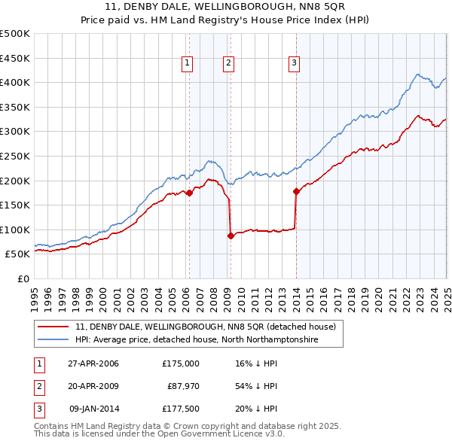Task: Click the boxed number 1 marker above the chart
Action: [186, 64]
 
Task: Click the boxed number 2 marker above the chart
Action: [228, 64]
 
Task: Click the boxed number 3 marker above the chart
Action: [293, 64]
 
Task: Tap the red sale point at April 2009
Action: [231, 236]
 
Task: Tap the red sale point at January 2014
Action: [296, 191]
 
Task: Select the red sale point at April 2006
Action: [189, 193]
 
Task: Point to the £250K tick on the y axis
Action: [15, 156]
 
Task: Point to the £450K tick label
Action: [15, 58]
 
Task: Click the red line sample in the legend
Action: [53, 327]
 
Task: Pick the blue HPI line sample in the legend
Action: [53, 339]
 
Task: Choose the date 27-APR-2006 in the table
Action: [93, 363]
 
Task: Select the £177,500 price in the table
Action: [181, 410]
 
